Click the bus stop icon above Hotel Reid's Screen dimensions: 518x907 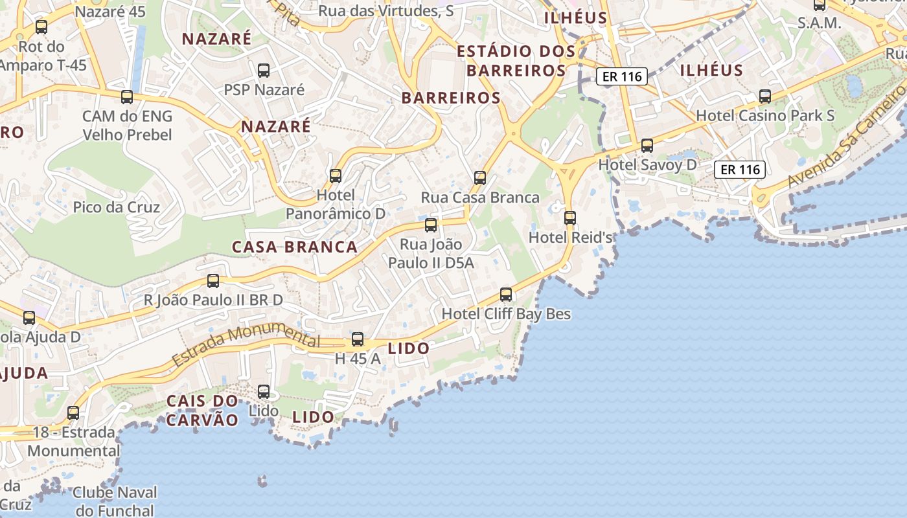click(570, 218)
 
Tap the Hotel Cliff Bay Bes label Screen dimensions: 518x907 click(506, 314)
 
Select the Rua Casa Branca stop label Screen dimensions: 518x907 click(480, 197)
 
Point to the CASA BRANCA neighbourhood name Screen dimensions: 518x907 click(295, 247)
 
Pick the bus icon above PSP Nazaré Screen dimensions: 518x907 click(264, 70)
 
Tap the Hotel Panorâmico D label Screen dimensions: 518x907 click(336, 204)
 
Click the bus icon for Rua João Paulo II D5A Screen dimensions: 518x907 click(431, 225)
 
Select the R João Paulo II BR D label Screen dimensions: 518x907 click(214, 300)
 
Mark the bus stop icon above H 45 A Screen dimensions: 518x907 click(358, 339)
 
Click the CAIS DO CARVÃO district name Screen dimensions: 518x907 click(202, 410)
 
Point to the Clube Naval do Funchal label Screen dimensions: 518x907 click(115, 501)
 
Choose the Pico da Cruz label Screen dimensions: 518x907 click(117, 207)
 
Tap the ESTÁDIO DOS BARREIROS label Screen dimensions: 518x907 click(516, 61)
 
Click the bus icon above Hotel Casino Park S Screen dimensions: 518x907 click(765, 96)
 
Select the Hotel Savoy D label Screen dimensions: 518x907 click(647, 164)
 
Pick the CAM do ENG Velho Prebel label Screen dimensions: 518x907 click(127, 126)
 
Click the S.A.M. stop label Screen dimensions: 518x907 click(820, 23)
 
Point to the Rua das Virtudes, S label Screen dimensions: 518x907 click(386, 11)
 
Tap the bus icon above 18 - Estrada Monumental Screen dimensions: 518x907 click(73, 412)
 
